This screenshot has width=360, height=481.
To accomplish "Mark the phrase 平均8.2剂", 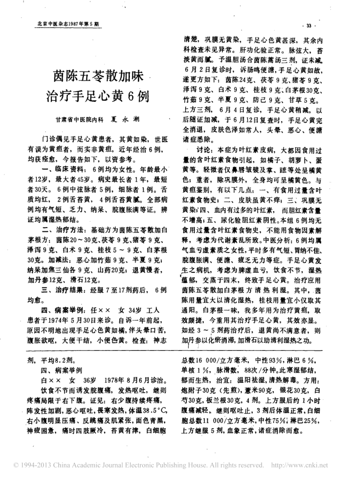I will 64,358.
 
